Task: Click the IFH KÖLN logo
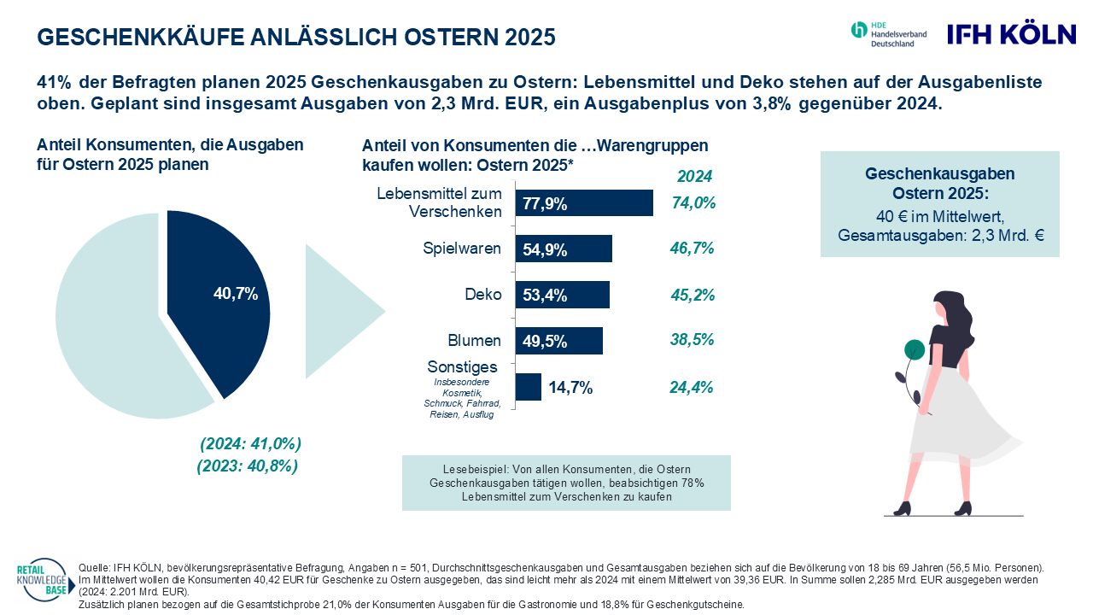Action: pos(1012,34)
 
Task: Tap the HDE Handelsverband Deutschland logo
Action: pos(888,35)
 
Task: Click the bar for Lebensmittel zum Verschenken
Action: pos(584,203)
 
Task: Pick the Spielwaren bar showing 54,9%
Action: pos(564,249)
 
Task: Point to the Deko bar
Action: pos(563,295)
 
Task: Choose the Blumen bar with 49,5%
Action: pos(559,340)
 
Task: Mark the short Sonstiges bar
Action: pos(529,387)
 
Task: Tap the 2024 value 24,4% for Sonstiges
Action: pos(692,387)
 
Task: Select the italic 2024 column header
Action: pos(694,178)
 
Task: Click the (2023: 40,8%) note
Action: pos(247,466)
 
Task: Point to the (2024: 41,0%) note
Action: pos(250,444)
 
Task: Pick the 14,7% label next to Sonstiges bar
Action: pos(570,388)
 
